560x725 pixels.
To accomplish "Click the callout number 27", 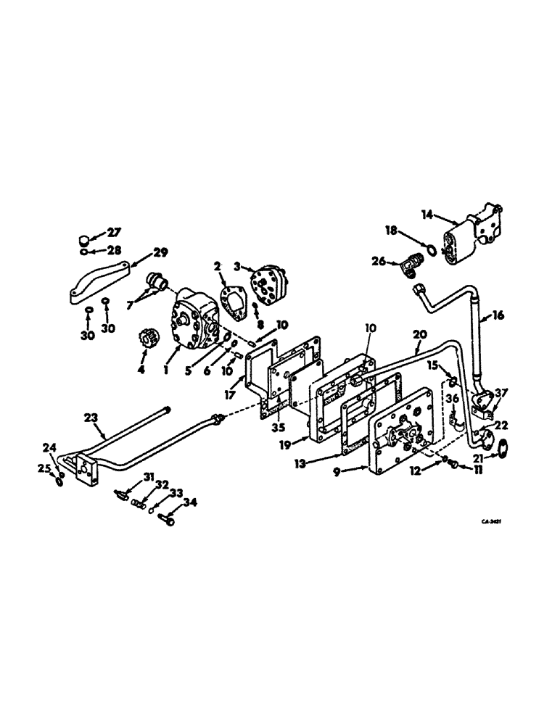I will (x=115, y=232).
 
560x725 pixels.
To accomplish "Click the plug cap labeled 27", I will (x=85, y=237).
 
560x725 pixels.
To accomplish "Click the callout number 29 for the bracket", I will (x=160, y=253).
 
